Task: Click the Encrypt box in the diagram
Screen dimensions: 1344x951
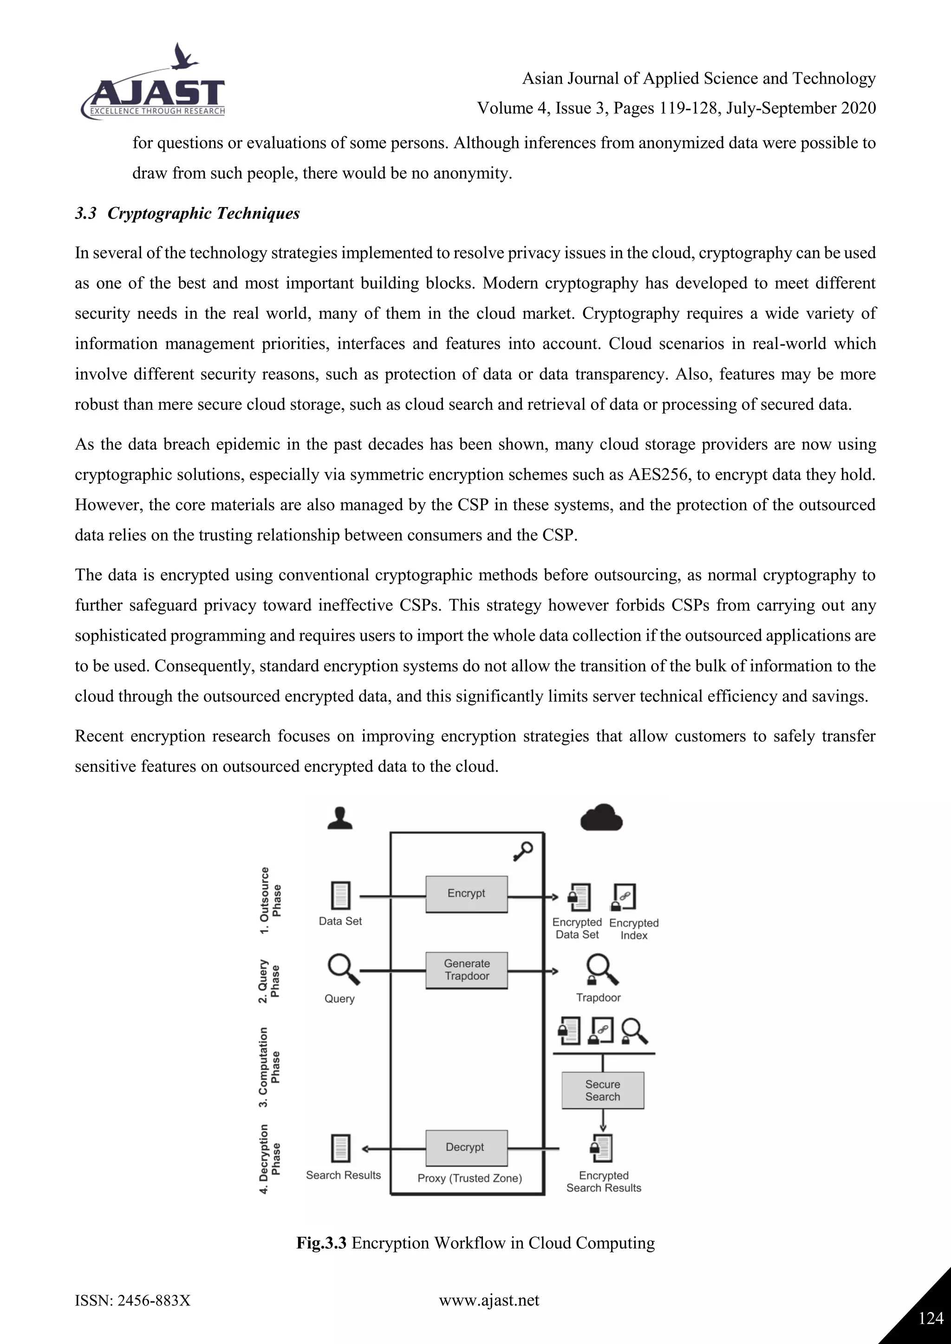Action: [x=466, y=893]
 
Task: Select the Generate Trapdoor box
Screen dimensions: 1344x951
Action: [x=466, y=970]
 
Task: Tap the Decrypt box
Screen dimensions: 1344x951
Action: [x=466, y=1147]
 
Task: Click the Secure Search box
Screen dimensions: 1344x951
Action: [x=603, y=1090]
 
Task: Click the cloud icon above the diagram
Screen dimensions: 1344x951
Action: [x=601, y=818]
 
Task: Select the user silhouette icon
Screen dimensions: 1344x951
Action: [x=339, y=818]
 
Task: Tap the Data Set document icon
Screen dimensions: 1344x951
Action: [x=340, y=896]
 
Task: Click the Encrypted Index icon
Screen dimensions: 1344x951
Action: [x=624, y=897]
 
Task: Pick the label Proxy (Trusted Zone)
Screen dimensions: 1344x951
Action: [x=469, y=1178]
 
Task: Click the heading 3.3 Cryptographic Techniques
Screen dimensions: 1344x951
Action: [x=188, y=213]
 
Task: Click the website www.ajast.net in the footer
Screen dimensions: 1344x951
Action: [x=489, y=1300]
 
